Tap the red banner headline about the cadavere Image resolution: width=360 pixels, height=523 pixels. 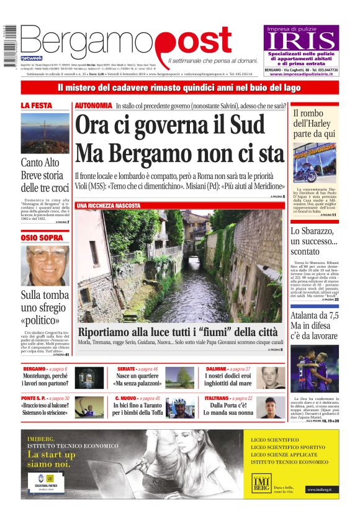click(x=179, y=88)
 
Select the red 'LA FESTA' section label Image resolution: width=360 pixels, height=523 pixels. click(x=37, y=106)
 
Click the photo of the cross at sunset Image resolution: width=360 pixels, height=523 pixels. click(x=45, y=132)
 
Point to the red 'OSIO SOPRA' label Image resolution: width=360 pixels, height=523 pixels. click(x=39, y=237)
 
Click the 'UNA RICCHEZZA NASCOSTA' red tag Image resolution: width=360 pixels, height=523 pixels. click(x=109, y=205)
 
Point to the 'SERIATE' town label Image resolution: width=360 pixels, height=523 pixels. click(x=128, y=369)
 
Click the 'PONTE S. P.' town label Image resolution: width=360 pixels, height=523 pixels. click(x=35, y=398)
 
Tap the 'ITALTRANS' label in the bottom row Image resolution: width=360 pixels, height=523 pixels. click(x=217, y=398)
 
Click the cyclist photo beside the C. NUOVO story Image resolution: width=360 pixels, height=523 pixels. click(x=181, y=408)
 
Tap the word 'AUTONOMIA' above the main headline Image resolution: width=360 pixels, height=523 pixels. click(x=94, y=106)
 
